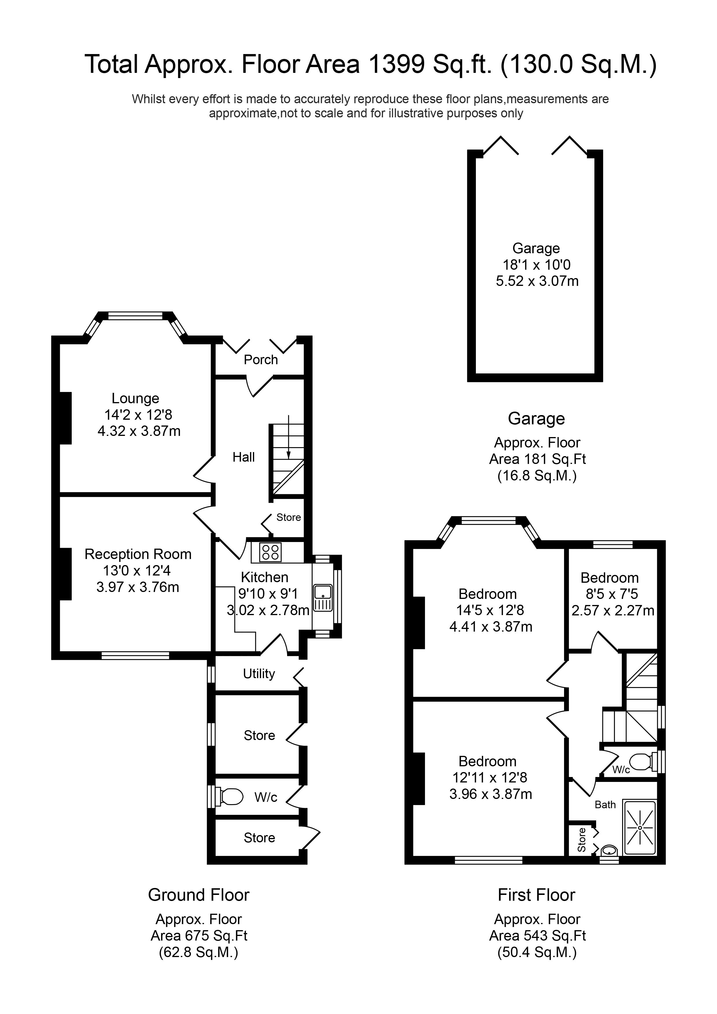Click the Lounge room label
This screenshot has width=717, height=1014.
(x=135, y=398)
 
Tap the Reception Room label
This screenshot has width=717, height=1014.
(x=138, y=554)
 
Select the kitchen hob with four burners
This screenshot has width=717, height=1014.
(x=270, y=552)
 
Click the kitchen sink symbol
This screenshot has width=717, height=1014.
(x=323, y=598)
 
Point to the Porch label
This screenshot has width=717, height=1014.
(x=261, y=360)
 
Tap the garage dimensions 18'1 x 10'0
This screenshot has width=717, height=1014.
(x=536, y=265)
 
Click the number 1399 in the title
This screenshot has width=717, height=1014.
(x=396, y=64)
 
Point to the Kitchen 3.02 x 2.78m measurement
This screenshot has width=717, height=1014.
(x=268, y=610)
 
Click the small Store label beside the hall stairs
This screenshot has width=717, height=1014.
(x=289, y=517)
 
